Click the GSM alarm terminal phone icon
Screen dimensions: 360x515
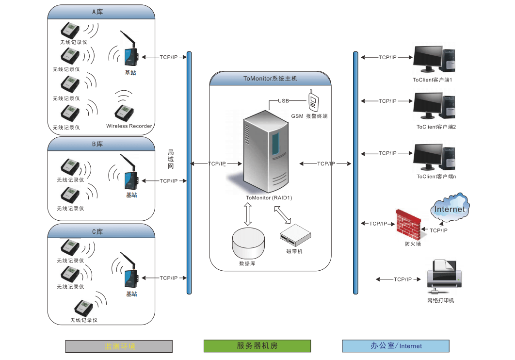tap(313, 100)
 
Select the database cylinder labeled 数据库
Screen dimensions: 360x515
tap(248, 243)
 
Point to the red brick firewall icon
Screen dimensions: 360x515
tap(408, 224)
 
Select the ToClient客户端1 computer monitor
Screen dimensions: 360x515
tap(429, 59)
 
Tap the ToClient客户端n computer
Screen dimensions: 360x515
tap(434, 157)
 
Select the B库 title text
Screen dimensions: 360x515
tap(97, 144)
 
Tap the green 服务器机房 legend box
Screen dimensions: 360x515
tap(257, 346)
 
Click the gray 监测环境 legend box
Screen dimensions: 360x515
tap(119, 346)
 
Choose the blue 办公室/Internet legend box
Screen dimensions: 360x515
tap(396, 346)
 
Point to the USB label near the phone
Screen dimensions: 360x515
tap(283, 101)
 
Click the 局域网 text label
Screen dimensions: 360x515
tap(171, 159)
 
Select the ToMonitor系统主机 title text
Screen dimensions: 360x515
tap(270, 79)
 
